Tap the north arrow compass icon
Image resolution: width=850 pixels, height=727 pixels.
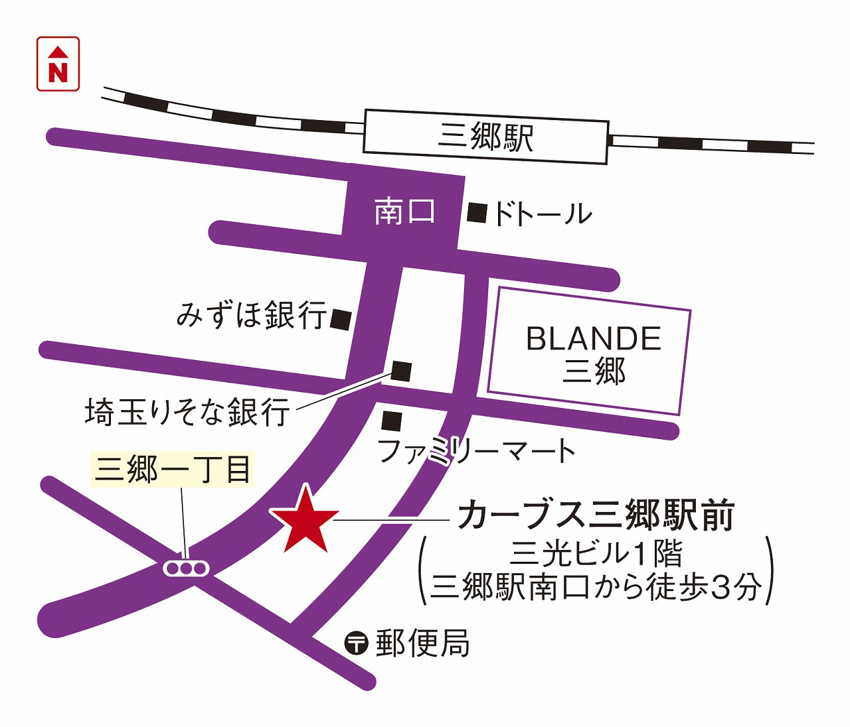58,64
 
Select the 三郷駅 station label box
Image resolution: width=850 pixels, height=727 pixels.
485,137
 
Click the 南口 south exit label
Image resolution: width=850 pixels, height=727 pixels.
404,212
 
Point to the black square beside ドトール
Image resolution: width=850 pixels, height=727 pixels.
477,213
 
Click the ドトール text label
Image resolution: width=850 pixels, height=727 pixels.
542,214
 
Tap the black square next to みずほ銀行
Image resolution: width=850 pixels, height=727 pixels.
341,320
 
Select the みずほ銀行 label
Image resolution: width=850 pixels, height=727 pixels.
252,314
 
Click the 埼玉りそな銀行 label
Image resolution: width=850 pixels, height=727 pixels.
187,412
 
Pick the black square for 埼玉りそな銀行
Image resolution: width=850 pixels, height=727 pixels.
401,371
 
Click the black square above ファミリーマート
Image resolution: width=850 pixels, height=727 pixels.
392,421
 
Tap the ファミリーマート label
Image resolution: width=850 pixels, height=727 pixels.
476,451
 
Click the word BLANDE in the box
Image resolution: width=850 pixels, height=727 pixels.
594,339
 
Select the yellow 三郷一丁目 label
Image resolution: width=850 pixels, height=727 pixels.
173,470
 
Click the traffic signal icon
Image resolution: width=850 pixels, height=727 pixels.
187,568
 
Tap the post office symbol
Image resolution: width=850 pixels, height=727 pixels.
356,642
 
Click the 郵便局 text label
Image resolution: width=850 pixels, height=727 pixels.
423,643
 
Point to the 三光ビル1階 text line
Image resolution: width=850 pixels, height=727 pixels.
596,554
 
